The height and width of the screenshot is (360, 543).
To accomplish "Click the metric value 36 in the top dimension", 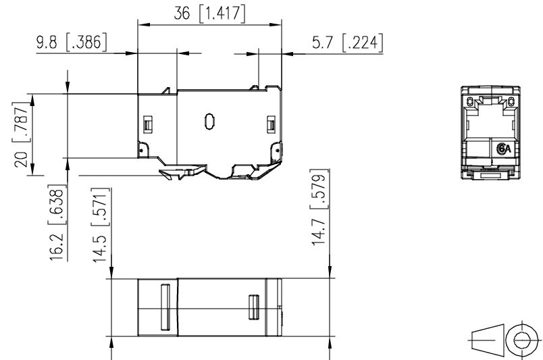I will pos(183,14).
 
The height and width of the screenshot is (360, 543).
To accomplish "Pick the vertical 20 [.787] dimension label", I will pos(21,136).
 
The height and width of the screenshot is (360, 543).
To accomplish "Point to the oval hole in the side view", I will pos(209,122).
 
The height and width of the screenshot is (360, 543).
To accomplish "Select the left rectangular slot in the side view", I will pos(148,124).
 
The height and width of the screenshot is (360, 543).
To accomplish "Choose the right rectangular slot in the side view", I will pos(271,124).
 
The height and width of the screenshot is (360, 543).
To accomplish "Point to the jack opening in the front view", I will pos(490,118).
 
